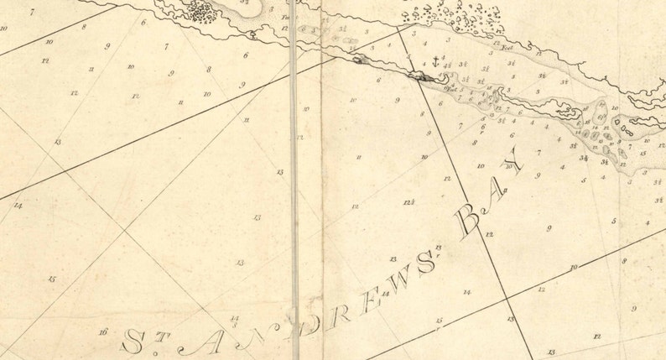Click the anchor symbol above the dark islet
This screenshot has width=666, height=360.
pyautogui.click(x=435, y=61)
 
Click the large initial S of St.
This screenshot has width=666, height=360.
pyautogui.click(x=133, y=340)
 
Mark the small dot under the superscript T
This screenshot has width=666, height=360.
pyautogui.click(x=157, y=352)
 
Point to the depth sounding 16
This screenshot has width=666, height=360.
pyautogui.click(x=102, y=332)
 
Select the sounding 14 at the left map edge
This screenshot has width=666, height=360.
pyautogui.click(x=17, y=205)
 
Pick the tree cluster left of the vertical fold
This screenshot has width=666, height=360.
pyautogui.click(x=201, y=11)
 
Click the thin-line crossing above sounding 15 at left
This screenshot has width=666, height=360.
pyautogui.click(x=125, y=229)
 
